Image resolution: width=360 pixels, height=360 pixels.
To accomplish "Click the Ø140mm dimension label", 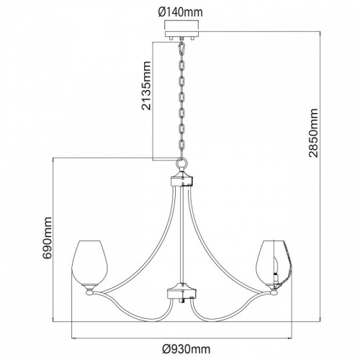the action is (181, 12).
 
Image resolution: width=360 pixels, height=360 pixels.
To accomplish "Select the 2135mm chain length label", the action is (146, 86).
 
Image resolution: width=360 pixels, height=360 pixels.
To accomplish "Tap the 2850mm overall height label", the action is (313, 133).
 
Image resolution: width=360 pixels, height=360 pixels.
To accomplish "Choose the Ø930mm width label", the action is (186, 349).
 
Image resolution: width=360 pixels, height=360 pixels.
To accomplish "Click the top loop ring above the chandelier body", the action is (181, 163).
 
